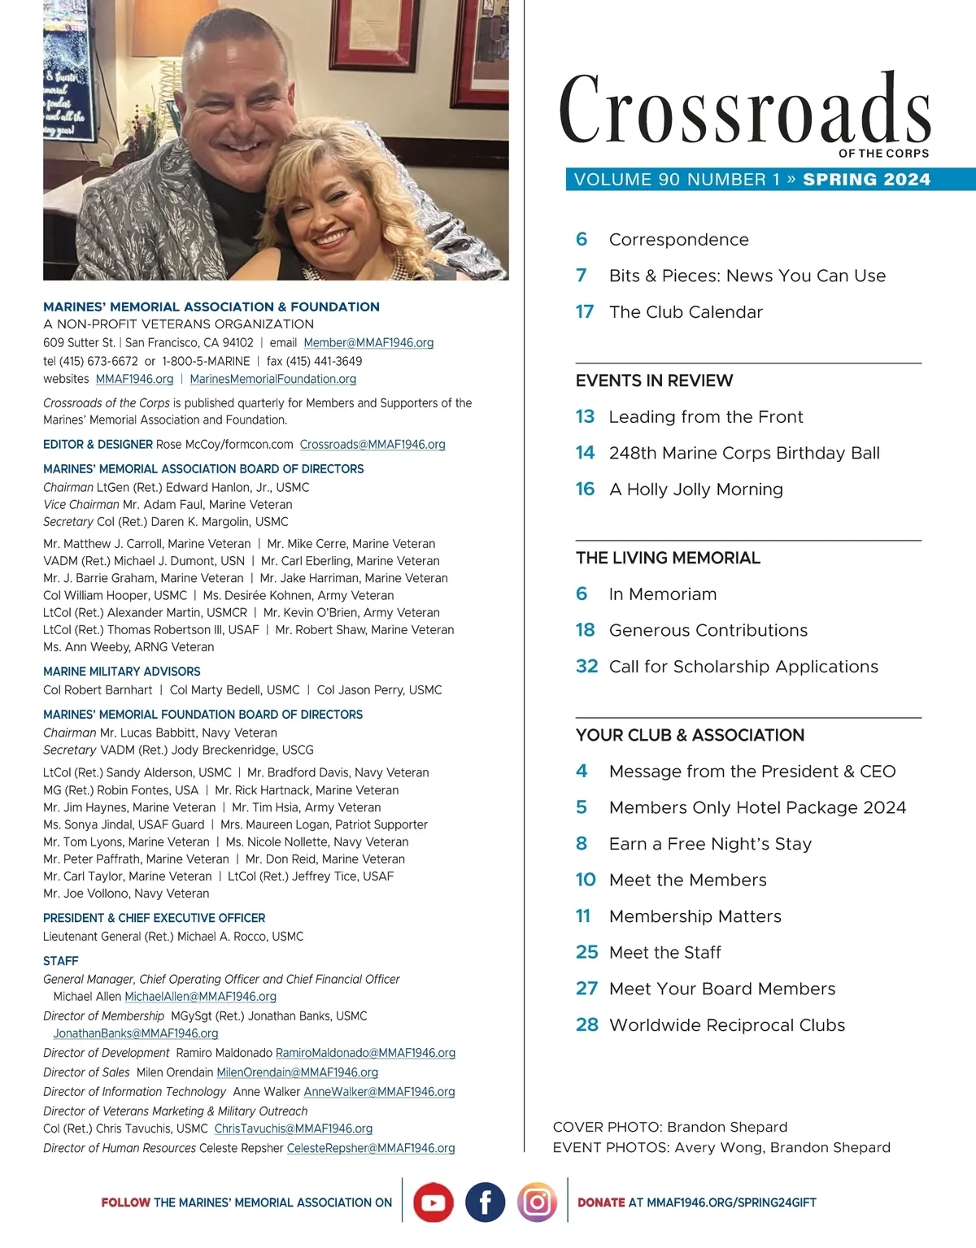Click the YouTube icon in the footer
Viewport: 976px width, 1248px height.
pos(433,1202)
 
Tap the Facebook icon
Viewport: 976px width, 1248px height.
pos(486,1202)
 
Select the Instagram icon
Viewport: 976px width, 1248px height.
pos(537,1202)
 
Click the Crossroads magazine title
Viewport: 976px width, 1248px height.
pos(744,110)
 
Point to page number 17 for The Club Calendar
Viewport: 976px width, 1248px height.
pos(585,312)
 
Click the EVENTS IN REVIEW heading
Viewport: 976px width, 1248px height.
pos(654,380)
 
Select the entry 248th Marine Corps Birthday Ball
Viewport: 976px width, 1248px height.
pos(744,453)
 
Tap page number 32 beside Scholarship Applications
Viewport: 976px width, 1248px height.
pos(586,667)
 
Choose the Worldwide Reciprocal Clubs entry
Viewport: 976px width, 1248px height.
pos(727,1025)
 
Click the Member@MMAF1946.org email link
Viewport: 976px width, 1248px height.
pos(368,343)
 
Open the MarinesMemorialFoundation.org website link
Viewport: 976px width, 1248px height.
pos(273,379)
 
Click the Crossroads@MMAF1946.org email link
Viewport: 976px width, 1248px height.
pos(373,445)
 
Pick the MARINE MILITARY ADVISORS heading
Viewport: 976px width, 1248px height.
pos(122,672)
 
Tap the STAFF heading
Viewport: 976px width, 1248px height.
pos(61,961)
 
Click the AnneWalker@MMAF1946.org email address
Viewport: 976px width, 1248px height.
pos(379,1092)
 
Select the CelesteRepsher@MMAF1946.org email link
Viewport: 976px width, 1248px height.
pos(371,1148)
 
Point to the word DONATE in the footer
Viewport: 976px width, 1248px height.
pos(601,1202)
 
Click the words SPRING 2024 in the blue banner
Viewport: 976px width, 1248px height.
pos(866,180)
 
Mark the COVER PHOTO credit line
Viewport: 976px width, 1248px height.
pos(670,1127)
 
